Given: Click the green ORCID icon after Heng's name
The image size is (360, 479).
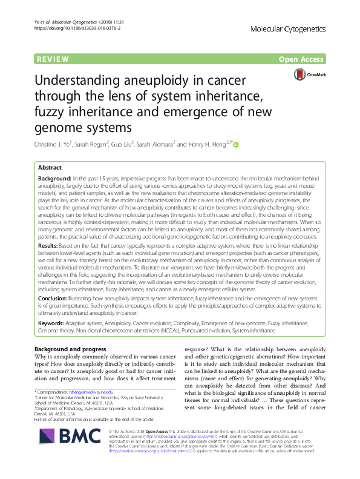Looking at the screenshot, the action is pos(236,145).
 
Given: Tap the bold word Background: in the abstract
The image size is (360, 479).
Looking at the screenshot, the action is pos(55,179).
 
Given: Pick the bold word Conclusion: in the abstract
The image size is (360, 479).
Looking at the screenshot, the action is pos(54,298).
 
